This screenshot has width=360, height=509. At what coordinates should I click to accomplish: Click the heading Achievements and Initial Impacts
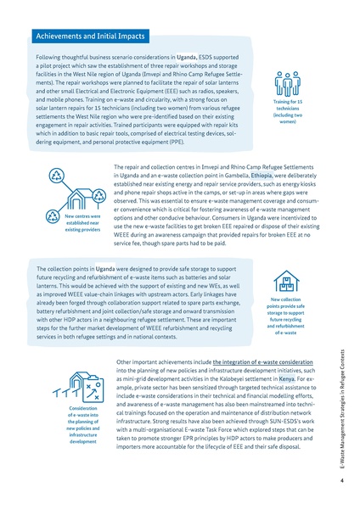90,36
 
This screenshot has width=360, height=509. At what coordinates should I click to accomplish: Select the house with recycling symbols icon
69,193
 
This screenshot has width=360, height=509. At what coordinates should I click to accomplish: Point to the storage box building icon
287,280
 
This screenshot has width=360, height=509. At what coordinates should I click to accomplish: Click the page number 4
340,481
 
